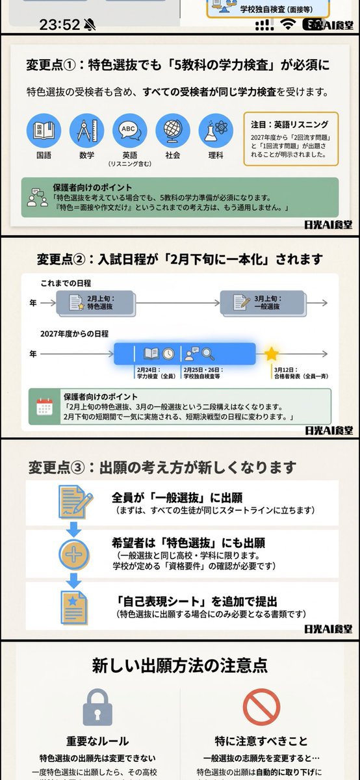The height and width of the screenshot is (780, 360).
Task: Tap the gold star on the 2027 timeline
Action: pos(271,354)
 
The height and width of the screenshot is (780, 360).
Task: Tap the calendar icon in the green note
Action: pos(45,406)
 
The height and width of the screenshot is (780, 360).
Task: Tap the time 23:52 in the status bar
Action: pos(60,25)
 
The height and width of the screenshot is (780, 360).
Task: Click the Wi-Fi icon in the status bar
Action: pos(287,25)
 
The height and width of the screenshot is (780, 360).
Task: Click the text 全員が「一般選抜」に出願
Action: pos(177,498)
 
